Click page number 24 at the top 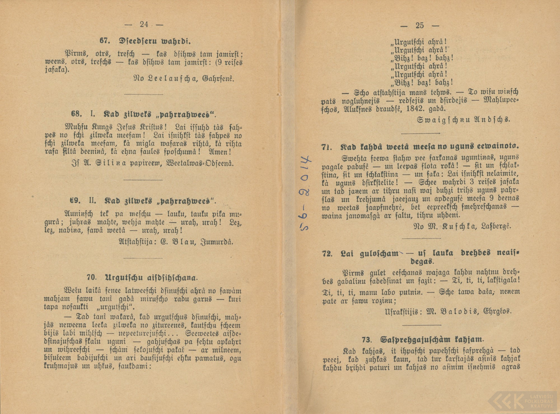coord(144,25)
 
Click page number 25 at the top coord(419,26)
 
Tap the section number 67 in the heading coord(104,41)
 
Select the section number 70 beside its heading coord(92,277)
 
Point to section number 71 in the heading coord(326,147)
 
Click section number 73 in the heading coord(367,340)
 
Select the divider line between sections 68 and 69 coord(143,180)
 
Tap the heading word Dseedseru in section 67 coord(136,41)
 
